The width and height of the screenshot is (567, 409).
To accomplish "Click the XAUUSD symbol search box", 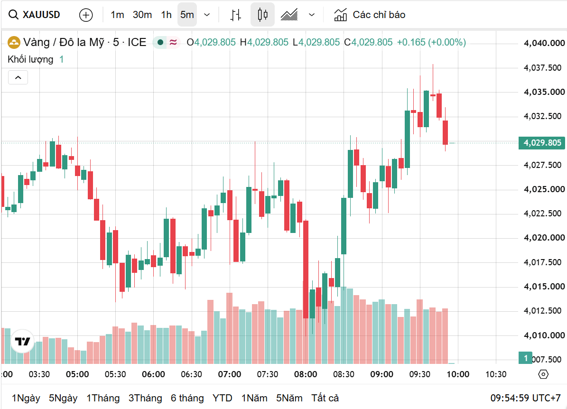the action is [x=34, y=15].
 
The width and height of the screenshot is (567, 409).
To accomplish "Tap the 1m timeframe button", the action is [x=117, y=15].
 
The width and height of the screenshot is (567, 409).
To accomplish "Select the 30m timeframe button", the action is [x=142, y=15].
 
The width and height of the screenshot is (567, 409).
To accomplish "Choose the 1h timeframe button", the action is [x=167, y=15].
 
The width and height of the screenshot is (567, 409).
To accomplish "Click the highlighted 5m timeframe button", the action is [x=187, y=15].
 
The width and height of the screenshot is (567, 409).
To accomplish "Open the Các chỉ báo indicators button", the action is [x=370, y=15].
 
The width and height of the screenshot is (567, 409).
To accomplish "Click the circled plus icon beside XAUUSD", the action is [x=86, y=15].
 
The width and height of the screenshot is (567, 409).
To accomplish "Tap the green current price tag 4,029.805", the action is [x=541, y=143].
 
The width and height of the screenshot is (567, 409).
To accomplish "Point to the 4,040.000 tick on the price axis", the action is [x=544, y=43].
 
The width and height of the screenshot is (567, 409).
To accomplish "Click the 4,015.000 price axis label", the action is [x=544, y=287].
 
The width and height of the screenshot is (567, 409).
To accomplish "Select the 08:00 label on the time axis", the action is [x=306, y=374].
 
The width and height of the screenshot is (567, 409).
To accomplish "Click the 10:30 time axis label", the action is [x=496, y=374].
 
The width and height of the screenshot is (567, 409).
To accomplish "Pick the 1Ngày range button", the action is [x=26, y=398].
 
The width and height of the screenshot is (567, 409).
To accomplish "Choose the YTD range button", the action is [x=223, y=398].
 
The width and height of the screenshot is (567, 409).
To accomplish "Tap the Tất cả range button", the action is [x=325, y=398].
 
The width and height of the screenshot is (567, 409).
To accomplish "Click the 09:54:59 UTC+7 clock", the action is [x=525, y=398].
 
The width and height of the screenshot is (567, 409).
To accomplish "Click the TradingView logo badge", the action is [x=22, y=341].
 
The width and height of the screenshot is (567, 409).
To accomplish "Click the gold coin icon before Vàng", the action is [x=14, y=42].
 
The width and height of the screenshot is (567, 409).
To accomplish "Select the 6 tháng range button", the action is [x=187, y=398].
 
